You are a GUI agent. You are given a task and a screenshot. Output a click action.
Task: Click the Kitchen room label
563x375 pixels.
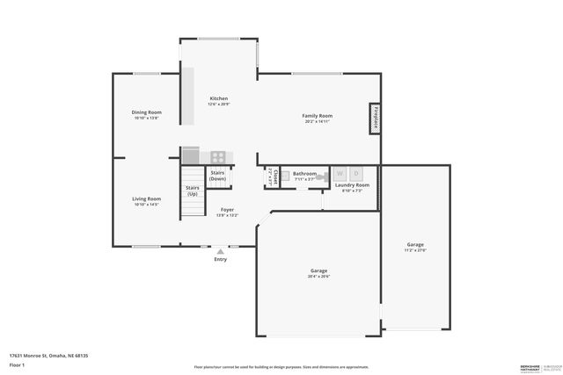click(218, 98)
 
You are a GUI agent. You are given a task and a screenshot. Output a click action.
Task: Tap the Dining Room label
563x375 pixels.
click(146, 112)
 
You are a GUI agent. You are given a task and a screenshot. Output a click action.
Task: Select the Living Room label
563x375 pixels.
click(146, 199)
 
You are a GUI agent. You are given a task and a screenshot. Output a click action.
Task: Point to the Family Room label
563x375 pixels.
click(317, 116)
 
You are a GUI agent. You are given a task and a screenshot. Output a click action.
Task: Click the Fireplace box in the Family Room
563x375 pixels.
click(374, 119)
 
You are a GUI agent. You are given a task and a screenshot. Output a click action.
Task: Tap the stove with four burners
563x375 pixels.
click(218, 157)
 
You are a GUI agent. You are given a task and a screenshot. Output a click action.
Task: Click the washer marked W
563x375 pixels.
click(340, 173)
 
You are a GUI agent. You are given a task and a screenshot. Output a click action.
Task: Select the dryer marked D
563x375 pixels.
click(356, 173)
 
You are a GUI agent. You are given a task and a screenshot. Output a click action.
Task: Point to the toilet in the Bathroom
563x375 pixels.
click(322, 177)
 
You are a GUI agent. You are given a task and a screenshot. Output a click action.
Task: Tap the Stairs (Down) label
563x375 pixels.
click(217, 176)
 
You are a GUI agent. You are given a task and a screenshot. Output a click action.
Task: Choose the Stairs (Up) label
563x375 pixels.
click(192, 191)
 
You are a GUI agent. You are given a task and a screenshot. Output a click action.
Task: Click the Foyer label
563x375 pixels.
click(227, 211)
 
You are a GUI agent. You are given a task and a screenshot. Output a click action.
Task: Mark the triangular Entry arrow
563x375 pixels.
click(220, 251)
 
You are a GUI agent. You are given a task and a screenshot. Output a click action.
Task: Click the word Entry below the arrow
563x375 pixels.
click(220, 260)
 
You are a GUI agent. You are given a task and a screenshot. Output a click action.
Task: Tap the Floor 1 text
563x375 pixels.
click(17, 364)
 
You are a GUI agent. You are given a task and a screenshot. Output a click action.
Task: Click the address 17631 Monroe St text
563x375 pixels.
click(48, 356)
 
